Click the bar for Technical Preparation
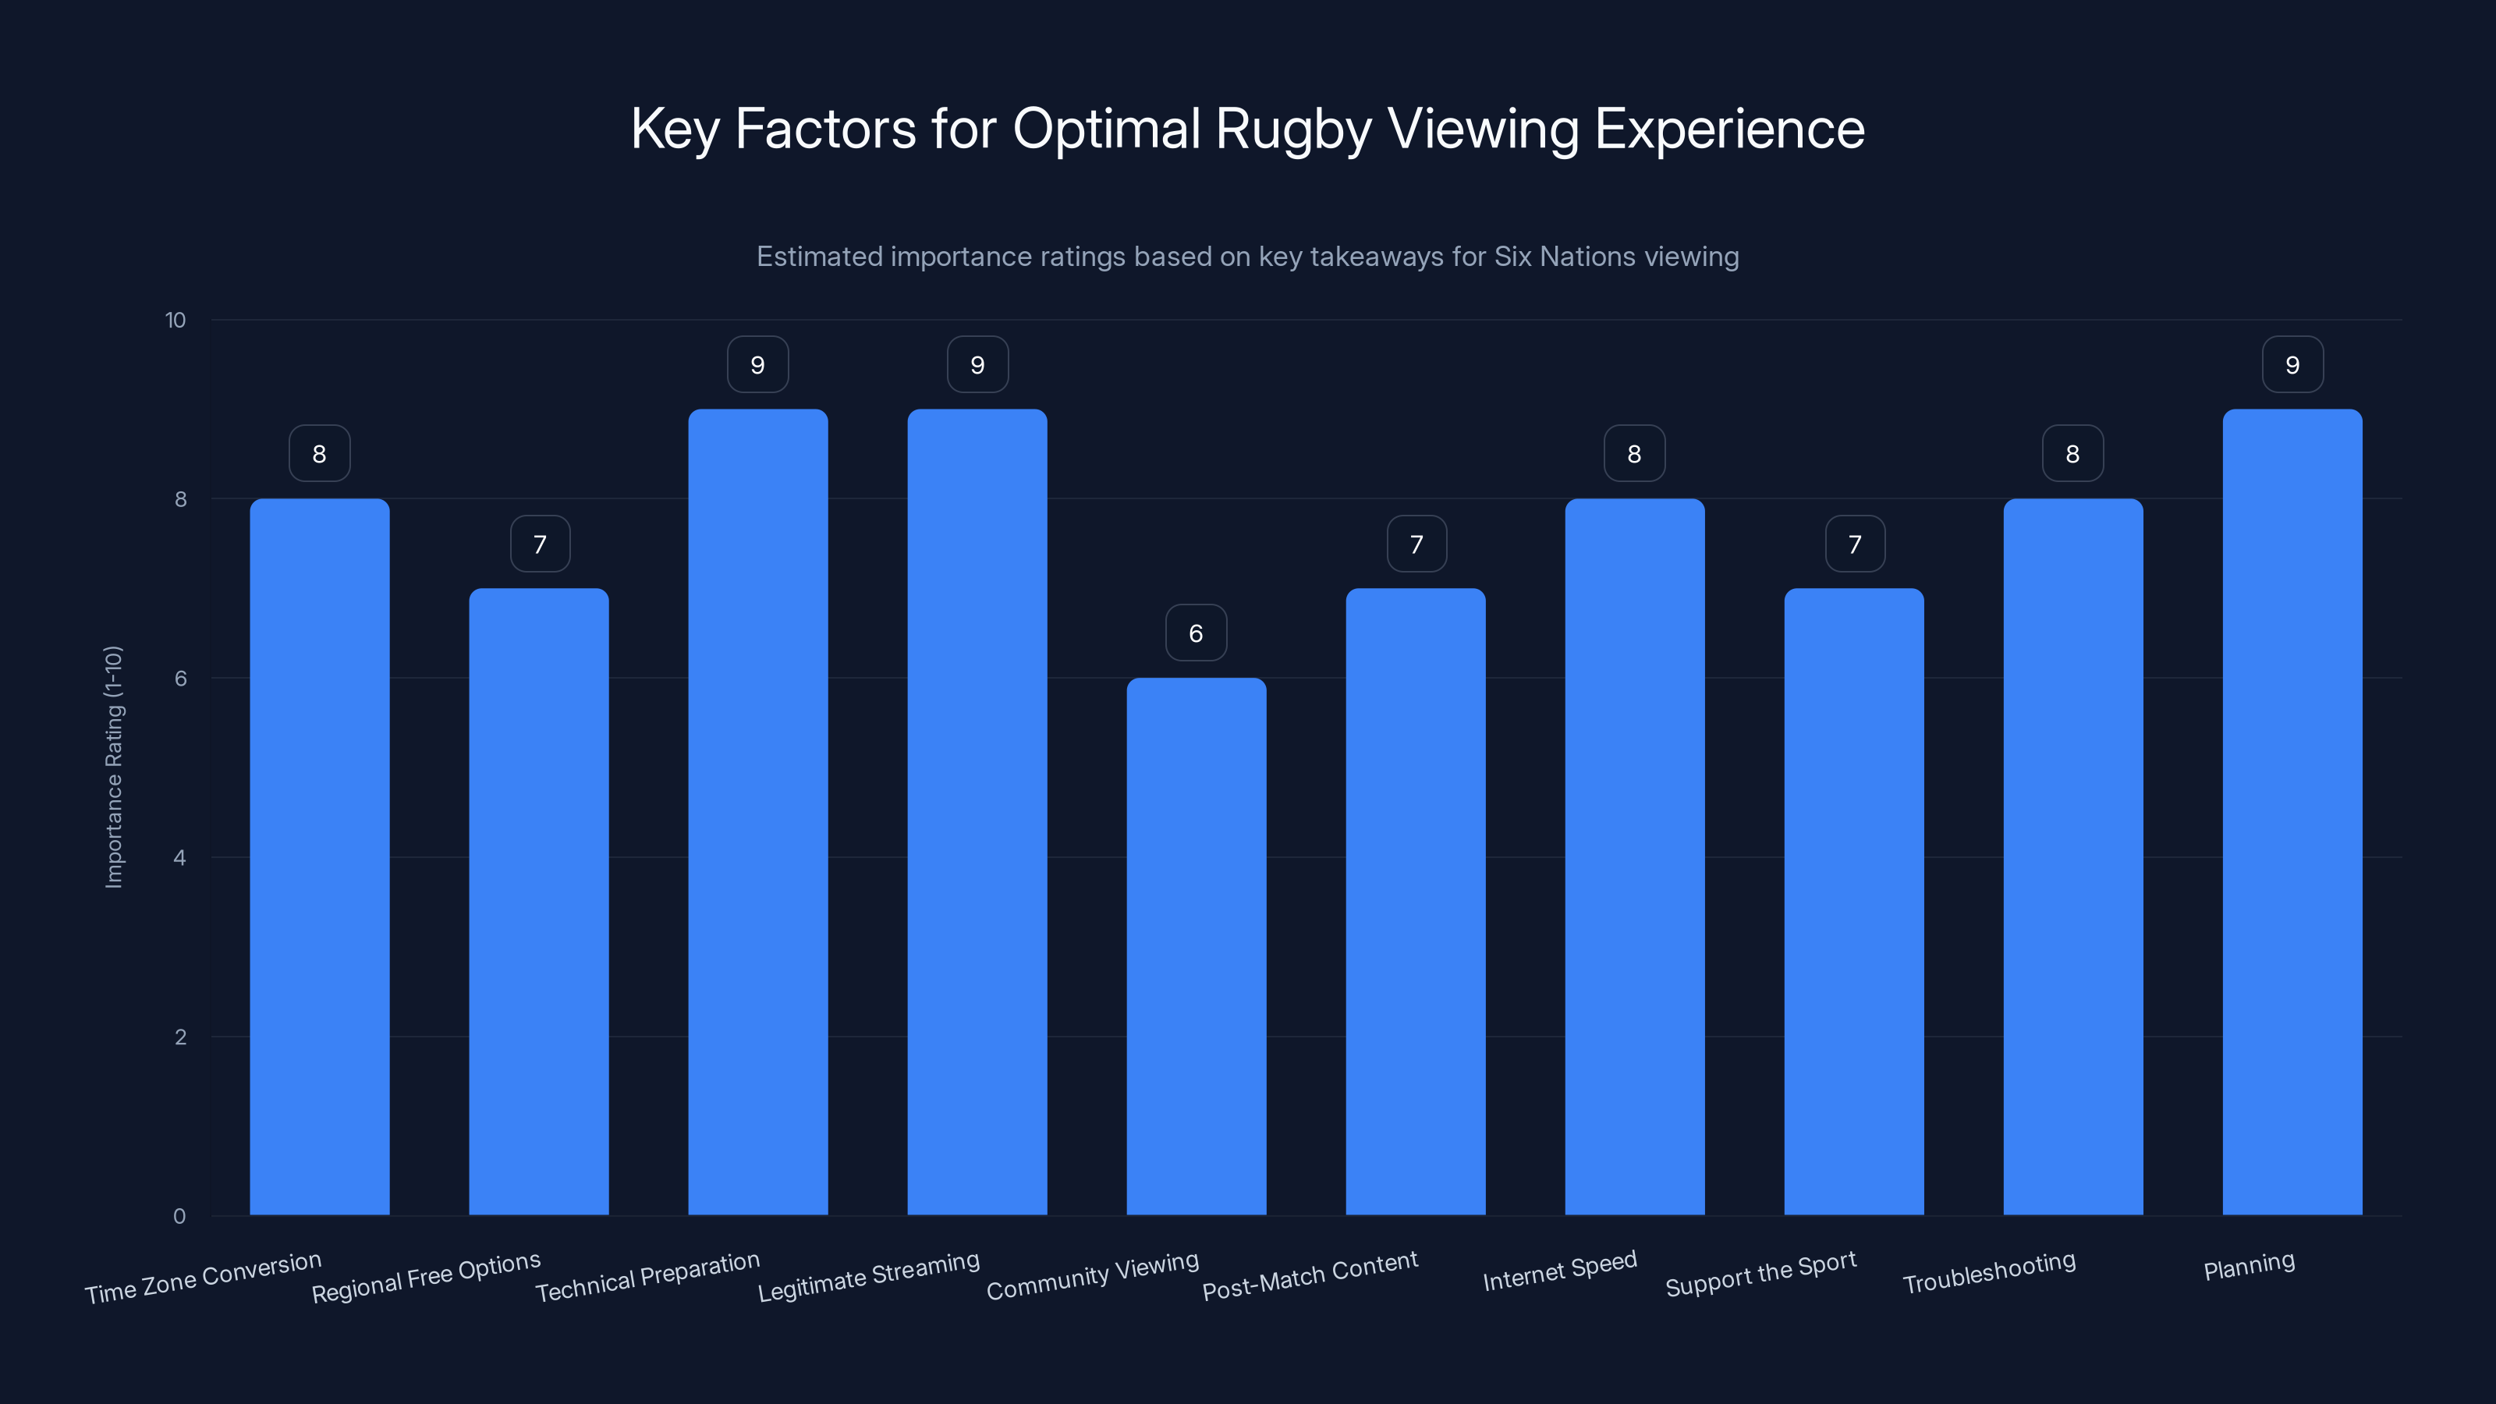(x=757, y=812)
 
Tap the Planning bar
(x=2292, y=812)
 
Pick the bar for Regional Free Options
(x=539, y=901)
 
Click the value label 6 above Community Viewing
(x=1196, y=633)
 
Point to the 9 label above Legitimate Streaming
(x=977, y=364)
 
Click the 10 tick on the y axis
(x=175, y=320)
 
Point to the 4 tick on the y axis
(x=179, y=857)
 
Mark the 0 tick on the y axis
(x=179, y=1216)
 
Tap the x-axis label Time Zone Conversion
(x=203, y=1278)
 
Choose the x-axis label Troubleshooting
(x=1988, y=1272)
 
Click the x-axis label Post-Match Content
(x=1310, y=1275)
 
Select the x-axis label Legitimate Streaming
(x=868, y=1276)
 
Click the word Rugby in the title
(x=1292, y=129)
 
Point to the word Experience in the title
(x=1728, y=129)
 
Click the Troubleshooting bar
(x=2072, y=856)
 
